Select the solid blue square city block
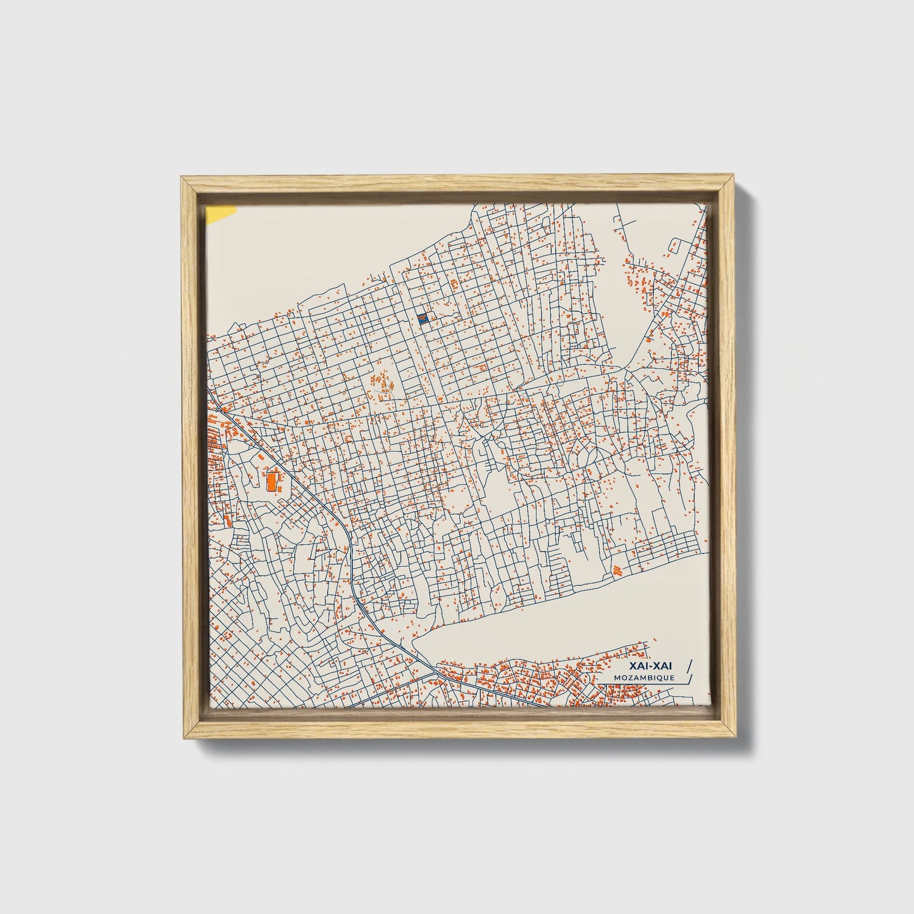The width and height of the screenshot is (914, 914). coord(424,319)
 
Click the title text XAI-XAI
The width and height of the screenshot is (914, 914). coord(652,666)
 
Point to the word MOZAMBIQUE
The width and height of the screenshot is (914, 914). coord(643,677)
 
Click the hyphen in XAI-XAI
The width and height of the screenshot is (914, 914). coord(651,666)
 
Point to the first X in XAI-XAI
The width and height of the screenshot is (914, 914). coord(633,666)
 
